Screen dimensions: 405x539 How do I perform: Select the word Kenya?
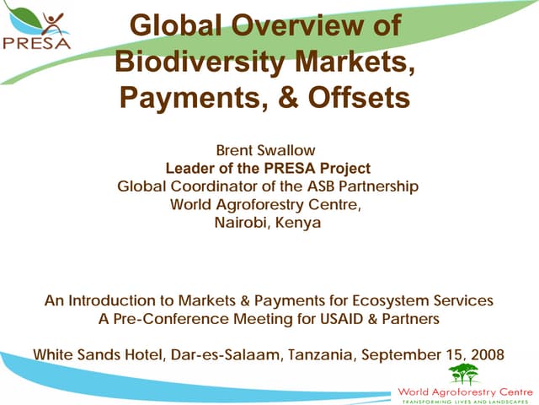[302, 223]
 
